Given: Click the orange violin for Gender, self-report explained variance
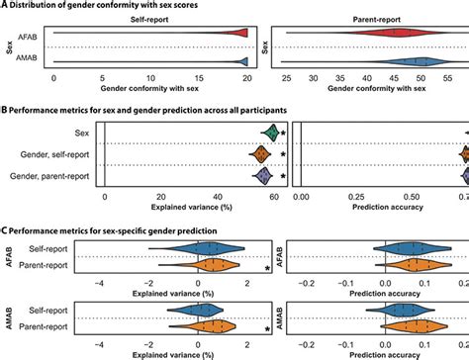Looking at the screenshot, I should pos(261,153).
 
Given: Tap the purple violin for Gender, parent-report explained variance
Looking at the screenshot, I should pos(263,176).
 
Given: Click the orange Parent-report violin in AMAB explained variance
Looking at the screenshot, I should pos(209,324).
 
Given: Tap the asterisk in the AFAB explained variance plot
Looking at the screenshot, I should pos(268,269).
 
